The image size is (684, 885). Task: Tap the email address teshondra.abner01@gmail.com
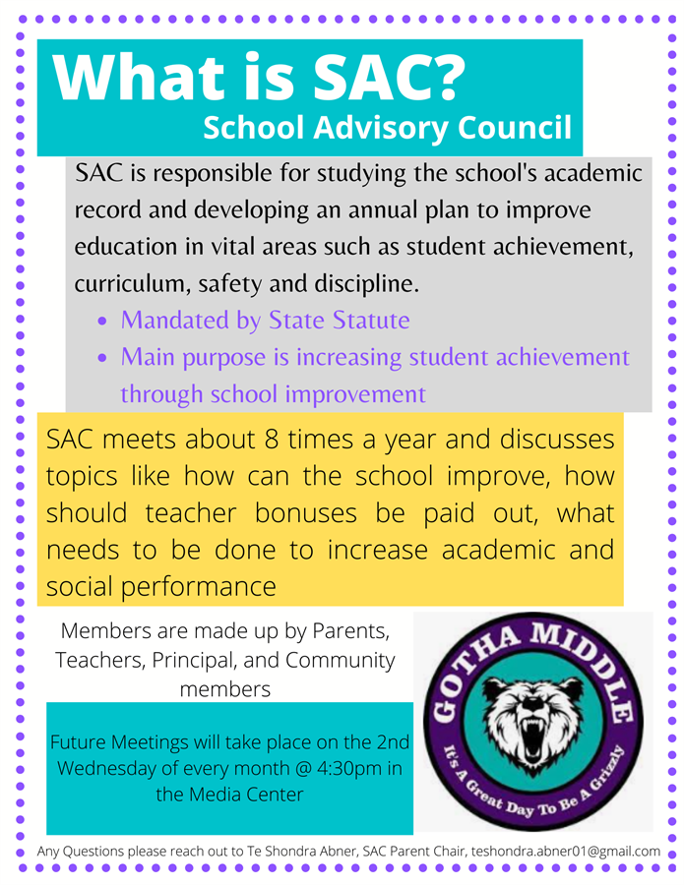point(566,851)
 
